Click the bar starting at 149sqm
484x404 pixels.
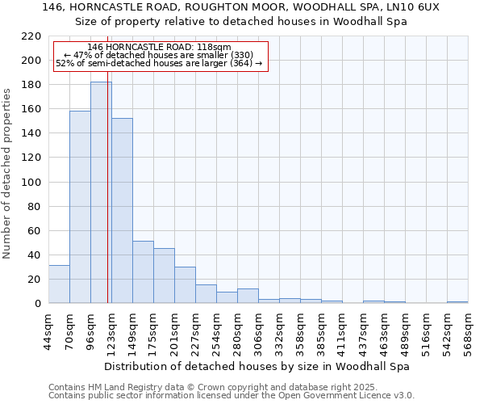click(x=143, y=271)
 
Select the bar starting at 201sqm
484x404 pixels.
click(x=185, y=285)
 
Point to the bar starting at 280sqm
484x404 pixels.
click(x=248, y=296)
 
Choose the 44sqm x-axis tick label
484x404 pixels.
click(x=48, y=331)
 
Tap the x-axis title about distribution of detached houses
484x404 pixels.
click(x=257, y=366)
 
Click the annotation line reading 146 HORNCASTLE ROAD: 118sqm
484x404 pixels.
click(x=159, y=48)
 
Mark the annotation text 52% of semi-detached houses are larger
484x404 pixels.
click(x=159, y=63)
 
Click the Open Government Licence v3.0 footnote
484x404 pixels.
click(x=232, y=396)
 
